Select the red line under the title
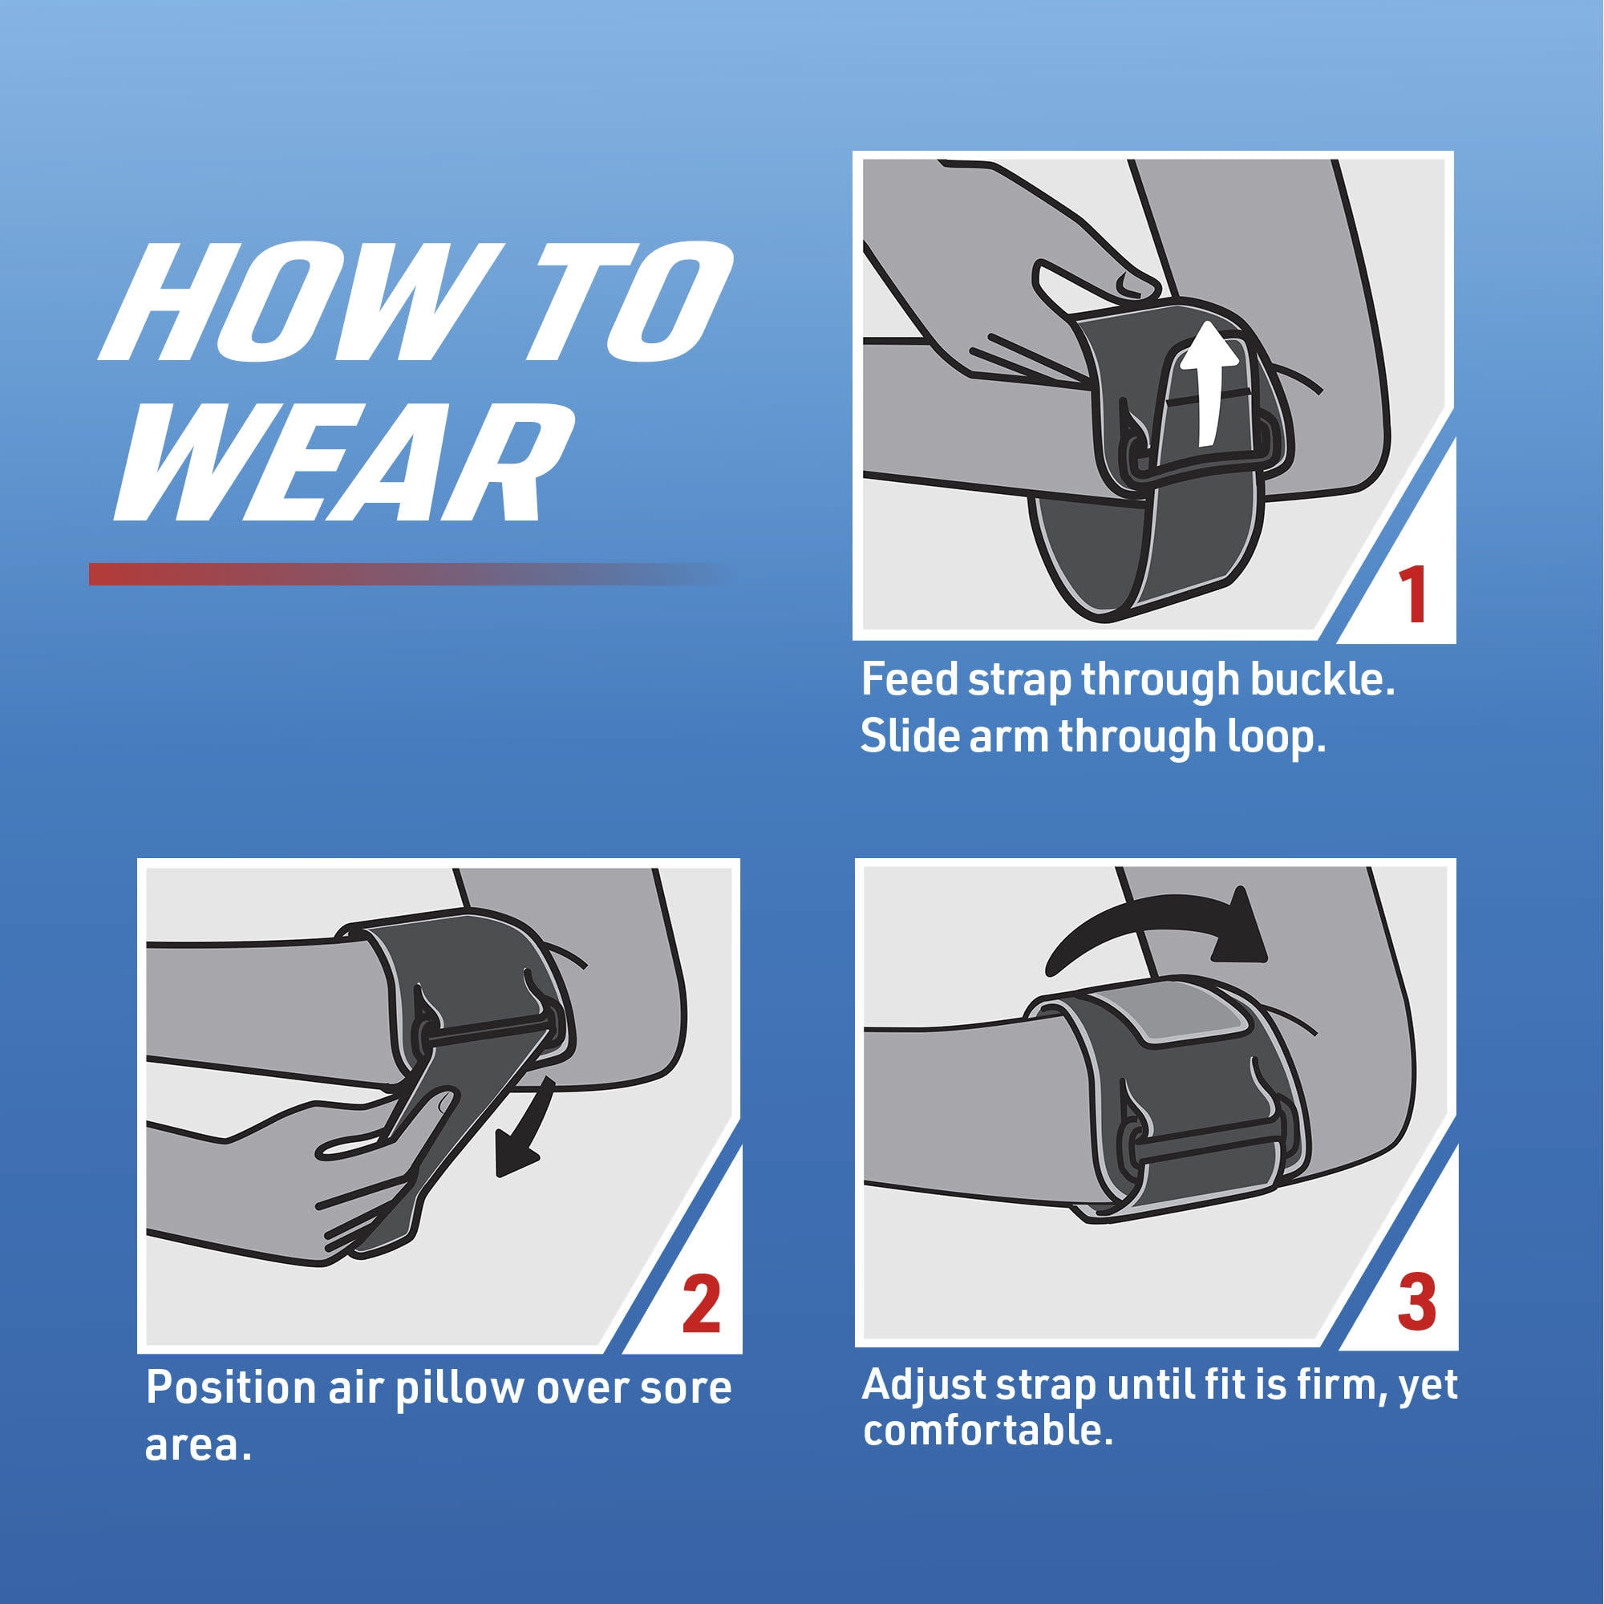(407, 573)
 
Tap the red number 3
(1416, 1301)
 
